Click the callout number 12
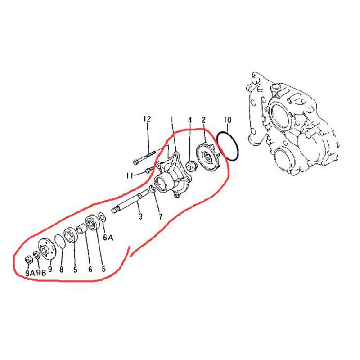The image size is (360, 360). (147, 119)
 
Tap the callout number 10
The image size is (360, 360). (228, 120)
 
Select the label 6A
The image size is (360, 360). (108, 238)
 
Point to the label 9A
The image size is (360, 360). (30, 273)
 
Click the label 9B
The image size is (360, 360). (41, 273)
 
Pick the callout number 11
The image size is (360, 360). (130, 176)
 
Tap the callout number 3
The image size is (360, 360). (140, 216)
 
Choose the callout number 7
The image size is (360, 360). (160, 216)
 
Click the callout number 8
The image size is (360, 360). (61, 269)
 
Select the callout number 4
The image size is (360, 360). (189, 120)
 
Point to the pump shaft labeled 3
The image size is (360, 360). (130, 201)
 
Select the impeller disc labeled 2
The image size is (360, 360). (207, 157)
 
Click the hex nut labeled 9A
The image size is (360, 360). (28, 260)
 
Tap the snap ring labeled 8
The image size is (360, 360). (60, 242)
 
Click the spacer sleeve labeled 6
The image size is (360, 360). (82, 229)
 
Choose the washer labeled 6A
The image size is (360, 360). (102, 217)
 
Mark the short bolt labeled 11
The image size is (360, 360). (149, 171)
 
